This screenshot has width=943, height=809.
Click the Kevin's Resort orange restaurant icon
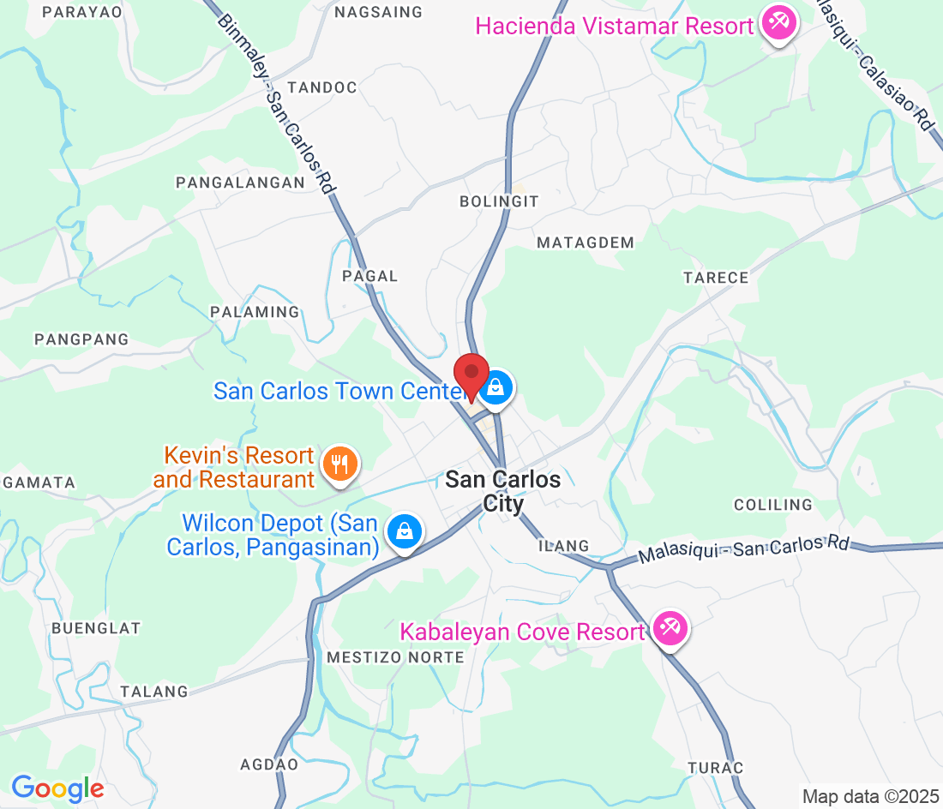pyautogui.click(x=340, y=464)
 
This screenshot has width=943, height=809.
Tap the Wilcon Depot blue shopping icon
pyautogui.click(x=404, y=531)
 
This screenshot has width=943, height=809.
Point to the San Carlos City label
pyautogui.click(x=503, y=491)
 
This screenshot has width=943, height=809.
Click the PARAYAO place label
pyautogui.click(x=82, y=12)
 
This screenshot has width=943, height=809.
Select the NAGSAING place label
pyautogui.click(x=379, y=12)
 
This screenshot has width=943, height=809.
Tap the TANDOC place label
pyautogui.click(x=322, y=87)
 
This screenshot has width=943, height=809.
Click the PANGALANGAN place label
pyautogui.click(x=240, y=183)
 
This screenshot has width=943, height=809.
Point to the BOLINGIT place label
pyautogui.click(x=499, y=201)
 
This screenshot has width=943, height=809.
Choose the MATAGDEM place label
pyautogui.click(x=586, y=243)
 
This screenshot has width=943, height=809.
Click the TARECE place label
pyautogui.click(x=716, y=278)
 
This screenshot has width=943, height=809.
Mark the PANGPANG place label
pyautogui.click(x=81, y=339)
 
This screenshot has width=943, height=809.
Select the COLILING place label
pyautogui.click(x=772, y=505)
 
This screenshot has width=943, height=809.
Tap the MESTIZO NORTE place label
pyautogui.click(x=395, y=657)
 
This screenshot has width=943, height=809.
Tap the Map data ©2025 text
pyautogui.click(x=870, y=796)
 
